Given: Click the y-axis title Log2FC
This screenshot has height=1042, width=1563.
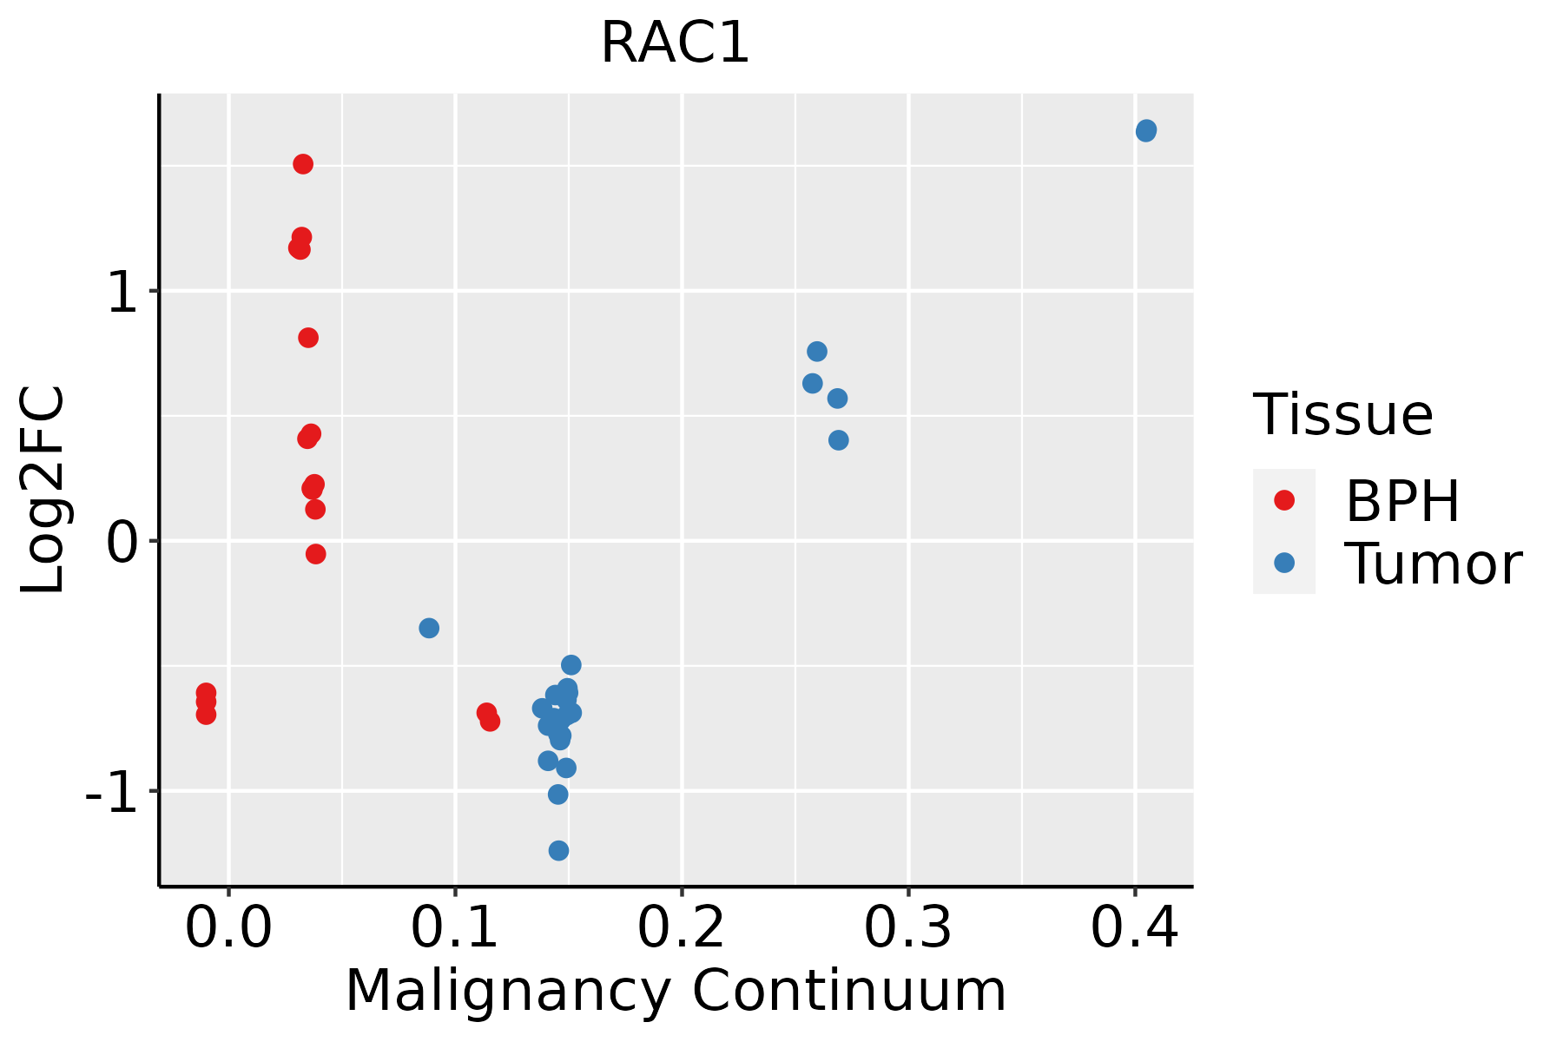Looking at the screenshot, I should pos(43,491).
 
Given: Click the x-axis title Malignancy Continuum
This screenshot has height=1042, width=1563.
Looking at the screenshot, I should pos(676,992).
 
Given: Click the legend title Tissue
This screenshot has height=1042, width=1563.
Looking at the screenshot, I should pos(1343,415).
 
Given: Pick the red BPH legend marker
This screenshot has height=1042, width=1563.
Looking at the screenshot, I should pos(1283,500).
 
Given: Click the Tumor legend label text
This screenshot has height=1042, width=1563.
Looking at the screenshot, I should pos(1433,564).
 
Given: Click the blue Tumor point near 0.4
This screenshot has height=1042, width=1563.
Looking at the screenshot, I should pos(1146,131).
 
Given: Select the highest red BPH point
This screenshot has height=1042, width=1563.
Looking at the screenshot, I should pos(303,164).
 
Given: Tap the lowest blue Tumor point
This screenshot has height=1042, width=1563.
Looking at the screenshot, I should pos(559,850).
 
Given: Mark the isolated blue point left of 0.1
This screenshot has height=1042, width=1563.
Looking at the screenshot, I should pos(429,628).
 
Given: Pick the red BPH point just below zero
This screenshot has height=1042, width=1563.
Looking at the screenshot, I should pos(316,554).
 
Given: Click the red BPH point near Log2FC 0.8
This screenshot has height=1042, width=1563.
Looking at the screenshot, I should pos(308,338).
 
